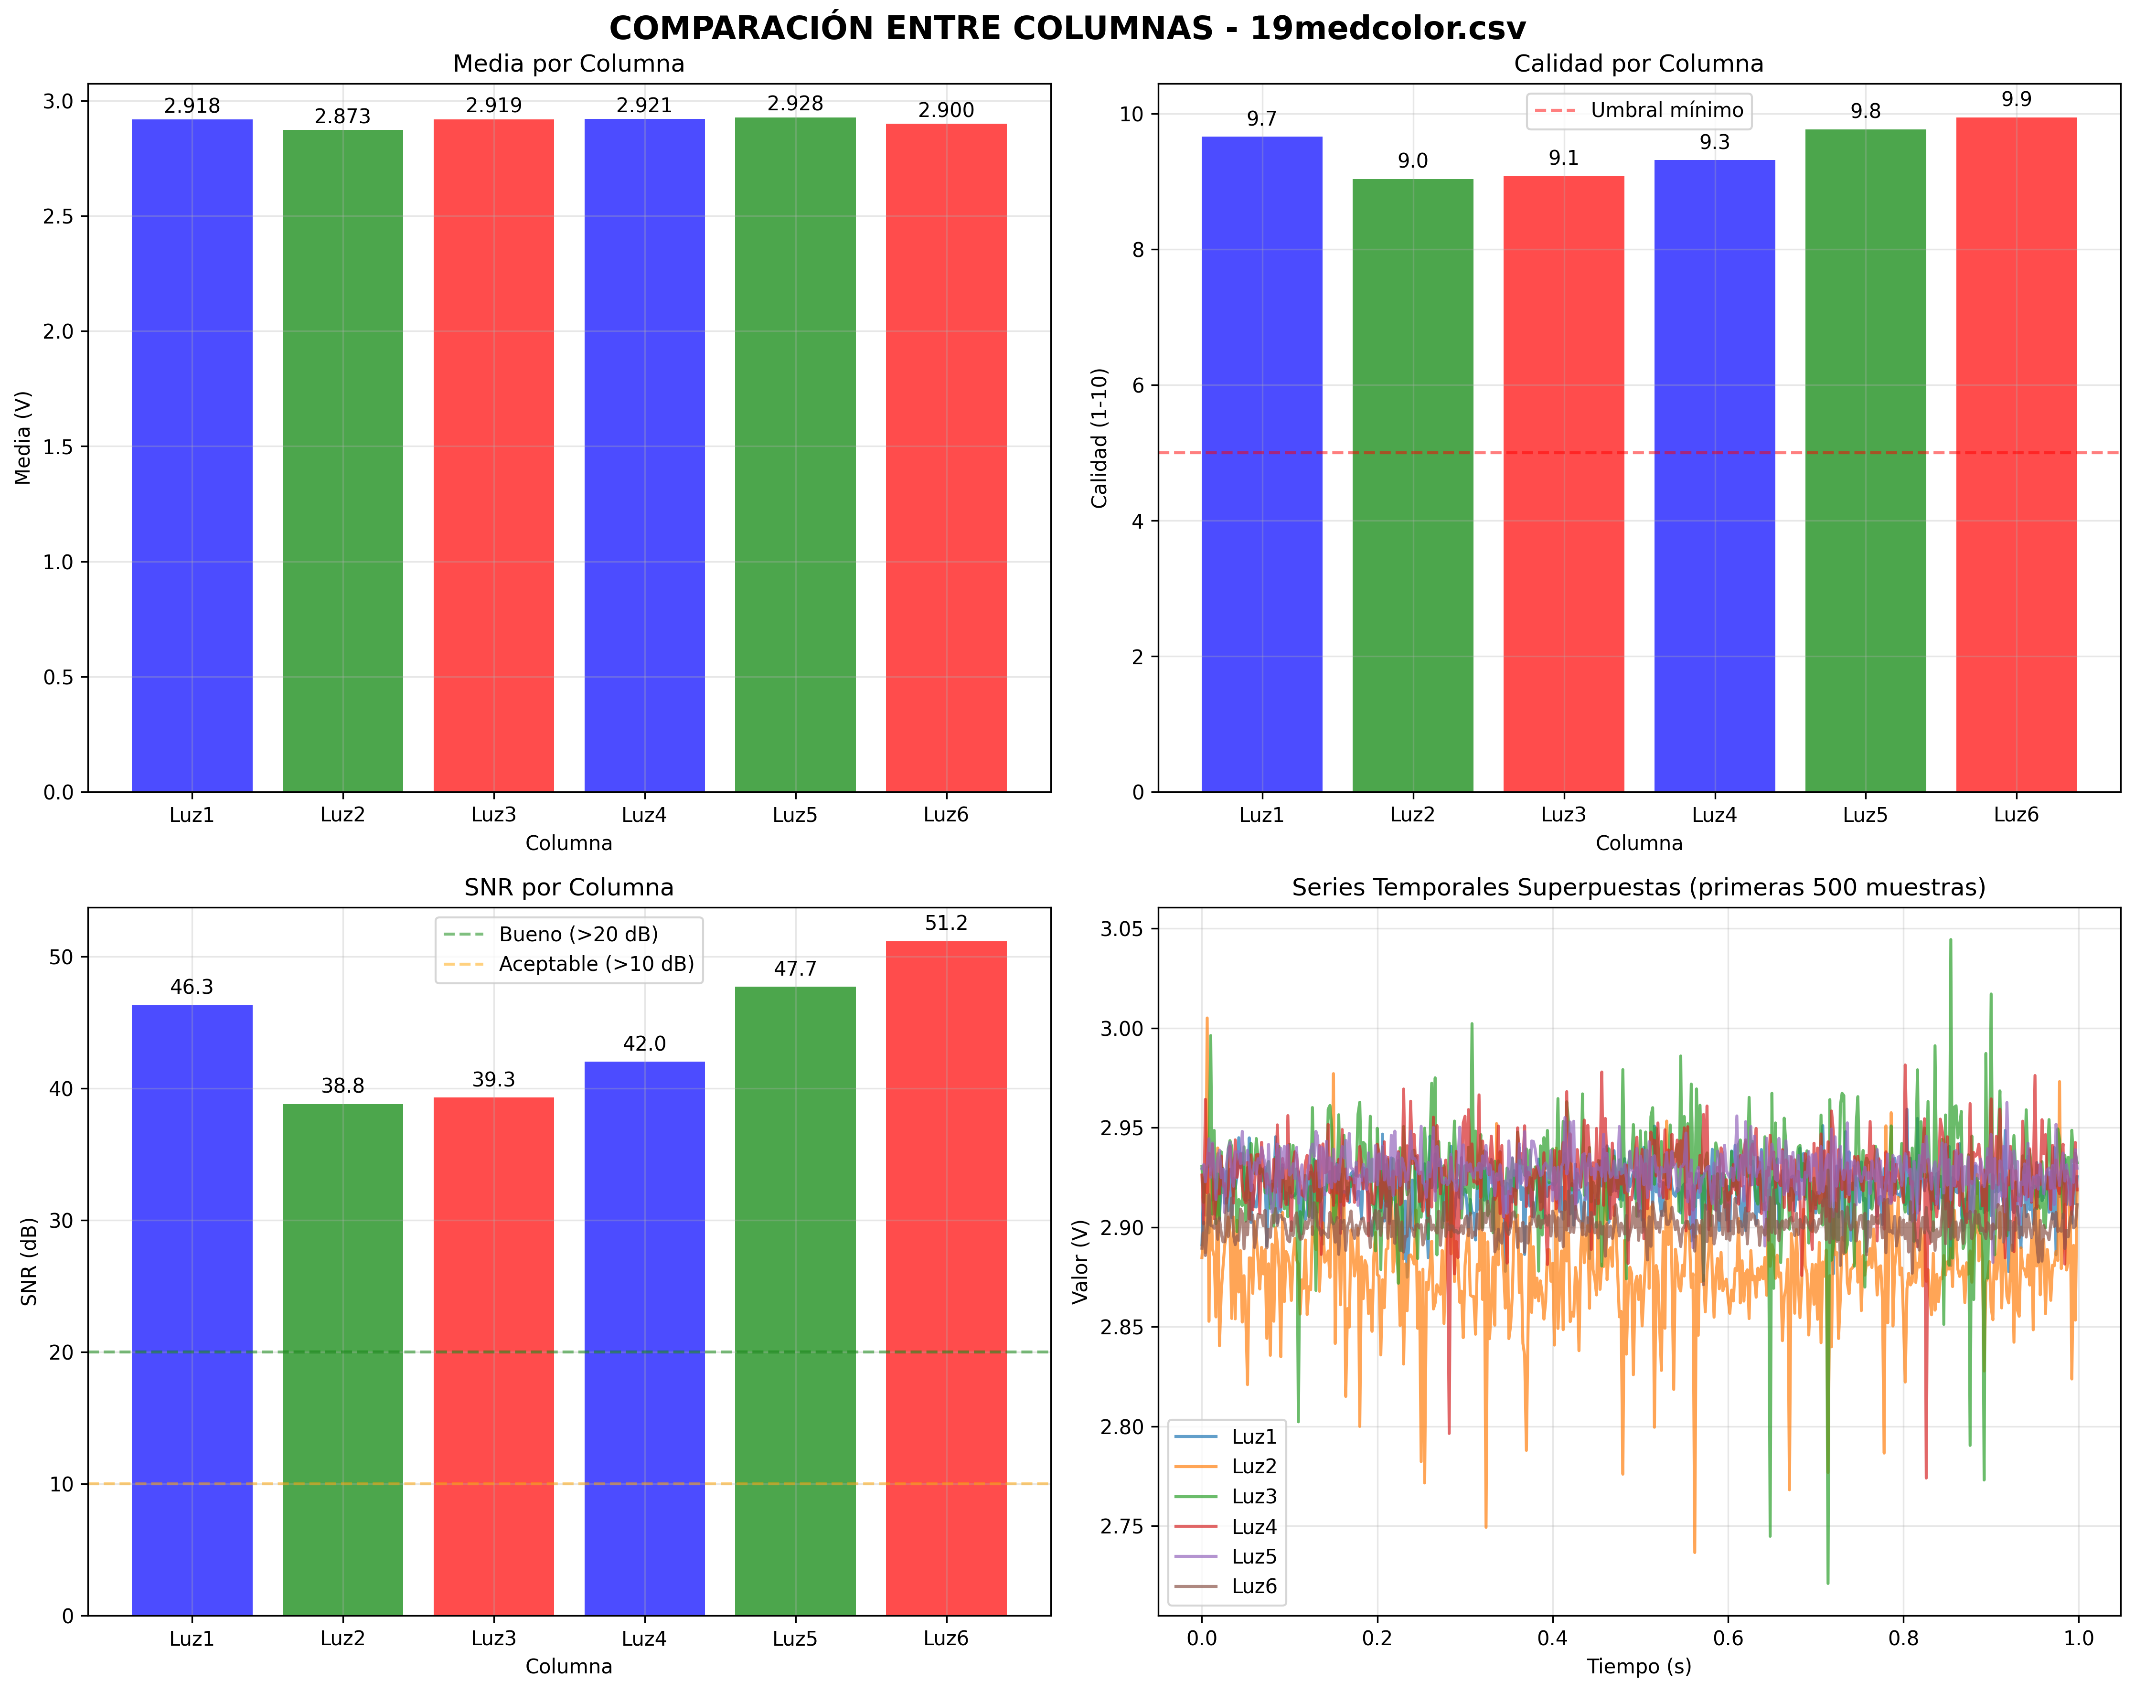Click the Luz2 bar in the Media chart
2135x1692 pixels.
pos(342,460)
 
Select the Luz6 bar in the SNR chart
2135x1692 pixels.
pos(946,1277)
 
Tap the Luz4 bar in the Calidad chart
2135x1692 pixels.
pos(1714,475)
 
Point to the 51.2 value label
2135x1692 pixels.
pos(946,923)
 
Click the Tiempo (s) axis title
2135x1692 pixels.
pos(1639,1666)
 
